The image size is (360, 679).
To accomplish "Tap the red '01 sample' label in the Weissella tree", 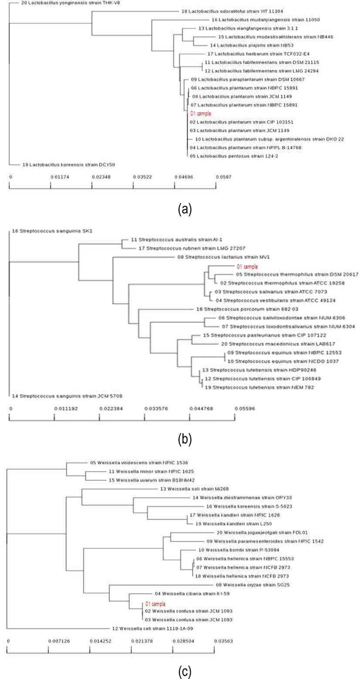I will click(x=155, y=604).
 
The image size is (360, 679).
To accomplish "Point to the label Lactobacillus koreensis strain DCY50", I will click(x=63, y=165).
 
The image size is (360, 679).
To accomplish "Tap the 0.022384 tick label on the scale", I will click(x=99, y=409).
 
